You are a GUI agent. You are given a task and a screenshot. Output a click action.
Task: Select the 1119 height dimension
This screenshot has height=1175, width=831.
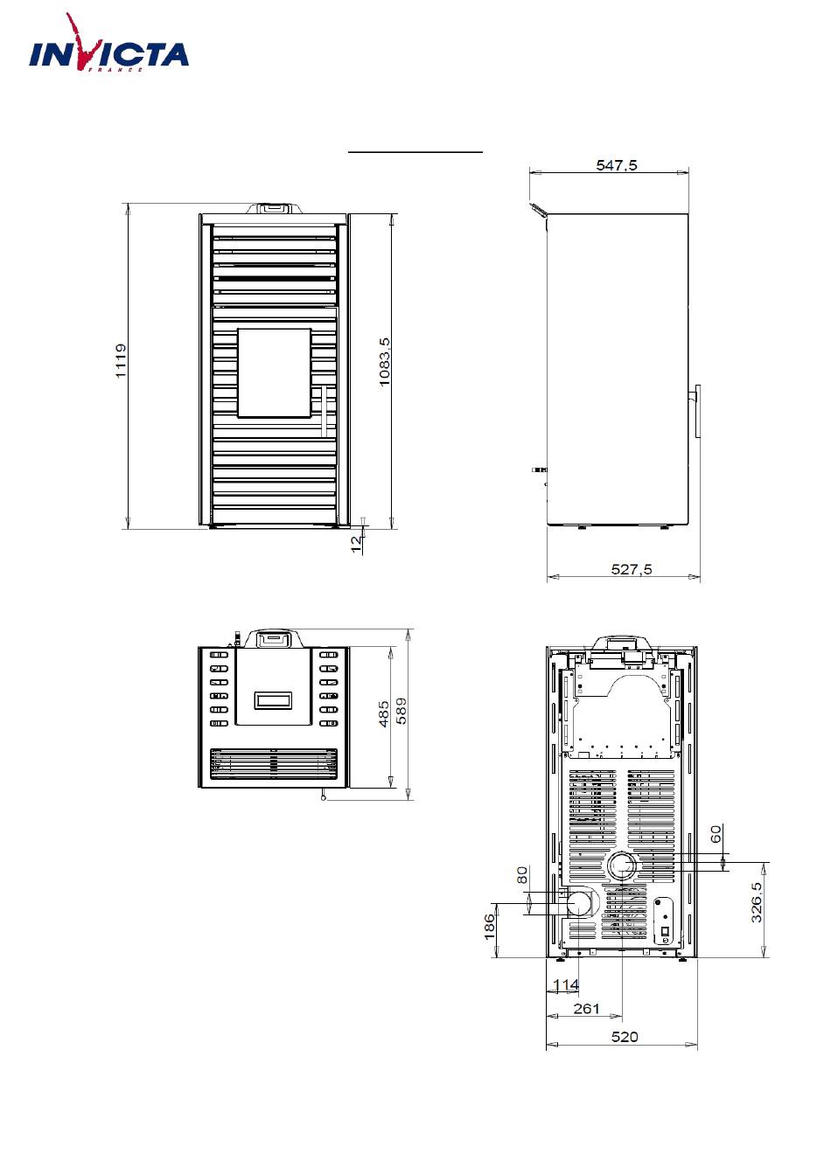(121, 361)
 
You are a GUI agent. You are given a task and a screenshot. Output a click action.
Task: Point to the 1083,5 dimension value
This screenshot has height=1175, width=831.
(385, 362)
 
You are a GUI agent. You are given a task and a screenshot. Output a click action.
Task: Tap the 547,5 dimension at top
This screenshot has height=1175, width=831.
(617, 165)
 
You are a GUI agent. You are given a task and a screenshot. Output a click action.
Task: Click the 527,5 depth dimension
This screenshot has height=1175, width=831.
(632, 569)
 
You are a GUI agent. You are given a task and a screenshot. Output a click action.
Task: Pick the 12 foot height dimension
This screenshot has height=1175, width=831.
(356, 544)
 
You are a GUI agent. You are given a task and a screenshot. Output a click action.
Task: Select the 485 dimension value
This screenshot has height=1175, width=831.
(384, 714)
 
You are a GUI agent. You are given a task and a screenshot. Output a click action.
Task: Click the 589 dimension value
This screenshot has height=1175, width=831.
(401, 711)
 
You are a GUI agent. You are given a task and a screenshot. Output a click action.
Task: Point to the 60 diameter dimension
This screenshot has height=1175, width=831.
(716, 833)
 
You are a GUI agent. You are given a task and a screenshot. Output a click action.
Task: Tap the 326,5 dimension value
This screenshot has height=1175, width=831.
(757, 902)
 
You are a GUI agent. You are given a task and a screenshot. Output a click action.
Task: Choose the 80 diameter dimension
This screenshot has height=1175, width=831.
(522, 875)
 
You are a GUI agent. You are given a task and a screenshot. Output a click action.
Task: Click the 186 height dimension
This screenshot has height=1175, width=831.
(489, 927)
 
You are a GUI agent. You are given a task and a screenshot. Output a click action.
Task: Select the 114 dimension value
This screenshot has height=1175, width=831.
(566, 984)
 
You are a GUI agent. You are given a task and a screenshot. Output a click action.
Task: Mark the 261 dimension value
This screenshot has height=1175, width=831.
(586, 1009)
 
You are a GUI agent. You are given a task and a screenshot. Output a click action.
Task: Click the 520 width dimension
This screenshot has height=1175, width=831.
(625, 1037)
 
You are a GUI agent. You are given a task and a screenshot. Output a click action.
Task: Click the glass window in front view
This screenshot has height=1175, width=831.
(275, 373)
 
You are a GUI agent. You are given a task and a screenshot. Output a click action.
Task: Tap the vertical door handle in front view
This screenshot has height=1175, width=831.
(324, 411)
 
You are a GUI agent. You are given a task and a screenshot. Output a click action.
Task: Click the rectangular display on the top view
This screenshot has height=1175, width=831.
(273, 700)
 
